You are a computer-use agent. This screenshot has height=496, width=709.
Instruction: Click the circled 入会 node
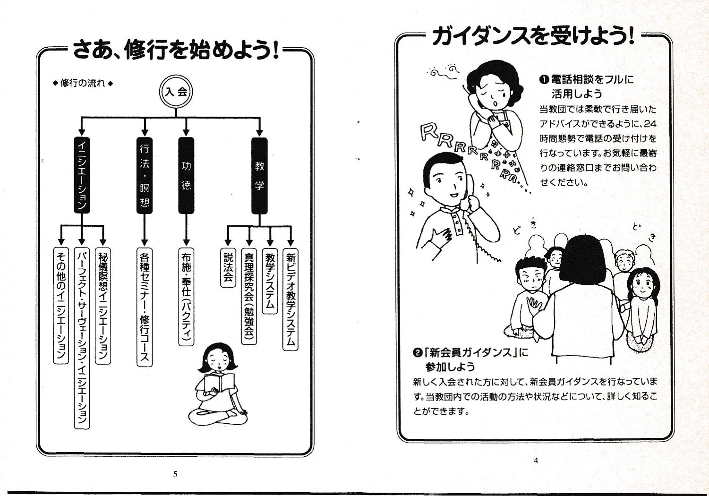(x=176, y=91)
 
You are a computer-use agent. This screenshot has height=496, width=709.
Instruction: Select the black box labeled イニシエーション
(x=82, y=175)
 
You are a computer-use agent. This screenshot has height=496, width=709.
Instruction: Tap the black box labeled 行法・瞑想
(x=145, y=175)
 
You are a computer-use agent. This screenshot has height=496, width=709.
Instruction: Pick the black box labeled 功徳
(x=186, y=175)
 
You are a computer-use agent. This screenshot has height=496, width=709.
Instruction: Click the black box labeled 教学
(x=259, y=175)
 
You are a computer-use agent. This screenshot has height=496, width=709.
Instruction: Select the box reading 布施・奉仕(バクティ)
(x=186, y=296)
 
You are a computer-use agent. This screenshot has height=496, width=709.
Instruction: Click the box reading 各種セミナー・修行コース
(x=145, y=307)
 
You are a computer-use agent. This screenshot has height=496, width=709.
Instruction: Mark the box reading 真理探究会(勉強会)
(x=249, y=296)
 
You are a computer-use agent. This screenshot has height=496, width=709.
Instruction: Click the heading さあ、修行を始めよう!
(x=175, y=50)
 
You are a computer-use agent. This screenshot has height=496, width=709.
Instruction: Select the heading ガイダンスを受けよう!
(x=533, y=36)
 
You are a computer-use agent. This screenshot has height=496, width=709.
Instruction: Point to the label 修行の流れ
(x=83, y=83)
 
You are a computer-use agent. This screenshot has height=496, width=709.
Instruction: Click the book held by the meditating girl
(x=219, y=382)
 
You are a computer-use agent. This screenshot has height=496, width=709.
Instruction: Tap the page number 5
(x=175, y=474)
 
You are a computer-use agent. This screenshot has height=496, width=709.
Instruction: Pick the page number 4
(x=536, y=461)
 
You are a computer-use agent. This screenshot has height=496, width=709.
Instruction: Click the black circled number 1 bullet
(x=544, y=80)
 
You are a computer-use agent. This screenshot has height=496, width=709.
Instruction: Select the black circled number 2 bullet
(x=417, y=352)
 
